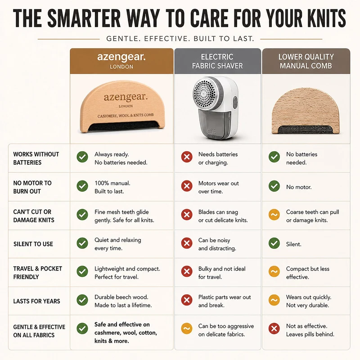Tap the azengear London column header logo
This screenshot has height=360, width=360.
121,61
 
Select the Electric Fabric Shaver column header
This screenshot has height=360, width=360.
217,61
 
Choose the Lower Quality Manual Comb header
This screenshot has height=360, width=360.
306,61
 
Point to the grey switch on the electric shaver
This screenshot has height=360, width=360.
235,103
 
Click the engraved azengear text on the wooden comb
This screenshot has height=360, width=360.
126,97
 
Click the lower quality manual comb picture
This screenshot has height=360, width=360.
306,111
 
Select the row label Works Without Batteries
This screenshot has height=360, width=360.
36,158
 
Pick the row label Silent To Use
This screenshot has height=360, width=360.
33,244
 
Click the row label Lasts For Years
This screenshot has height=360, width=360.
36,301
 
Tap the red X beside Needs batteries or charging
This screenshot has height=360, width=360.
187,157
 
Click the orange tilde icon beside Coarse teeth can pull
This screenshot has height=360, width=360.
274,215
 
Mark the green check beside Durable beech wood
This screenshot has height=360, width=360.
82,300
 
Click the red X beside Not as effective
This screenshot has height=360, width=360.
274,328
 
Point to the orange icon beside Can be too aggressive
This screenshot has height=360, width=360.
187,328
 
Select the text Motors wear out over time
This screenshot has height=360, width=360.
218,187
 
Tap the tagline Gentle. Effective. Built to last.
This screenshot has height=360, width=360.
180,39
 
